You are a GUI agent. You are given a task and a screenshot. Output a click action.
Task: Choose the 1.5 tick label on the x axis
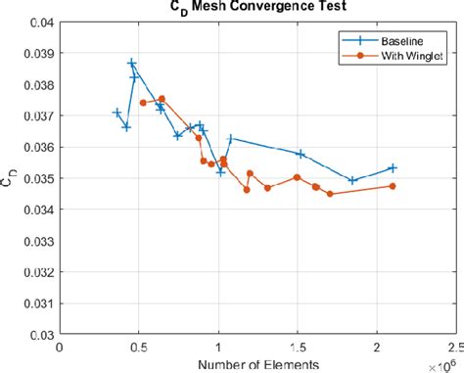click(x=298, y=347)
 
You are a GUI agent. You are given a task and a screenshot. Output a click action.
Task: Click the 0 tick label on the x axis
click(x=61, y=347)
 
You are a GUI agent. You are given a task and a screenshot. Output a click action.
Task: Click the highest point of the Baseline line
click(x=132, y=63)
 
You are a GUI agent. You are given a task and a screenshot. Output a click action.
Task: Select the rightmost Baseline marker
click(x=393, y=168)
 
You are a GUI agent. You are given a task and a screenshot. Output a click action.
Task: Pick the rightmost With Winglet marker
click(x=393, y=186)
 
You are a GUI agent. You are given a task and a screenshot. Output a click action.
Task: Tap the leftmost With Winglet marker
click(x=143, y=102)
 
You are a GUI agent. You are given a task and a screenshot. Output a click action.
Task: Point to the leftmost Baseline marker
click(x=117, y=113)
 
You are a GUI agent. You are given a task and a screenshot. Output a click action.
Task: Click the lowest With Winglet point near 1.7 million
click(x=330, y=194)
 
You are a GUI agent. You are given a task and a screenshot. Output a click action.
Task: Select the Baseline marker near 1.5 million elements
click(x=301, y=154)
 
